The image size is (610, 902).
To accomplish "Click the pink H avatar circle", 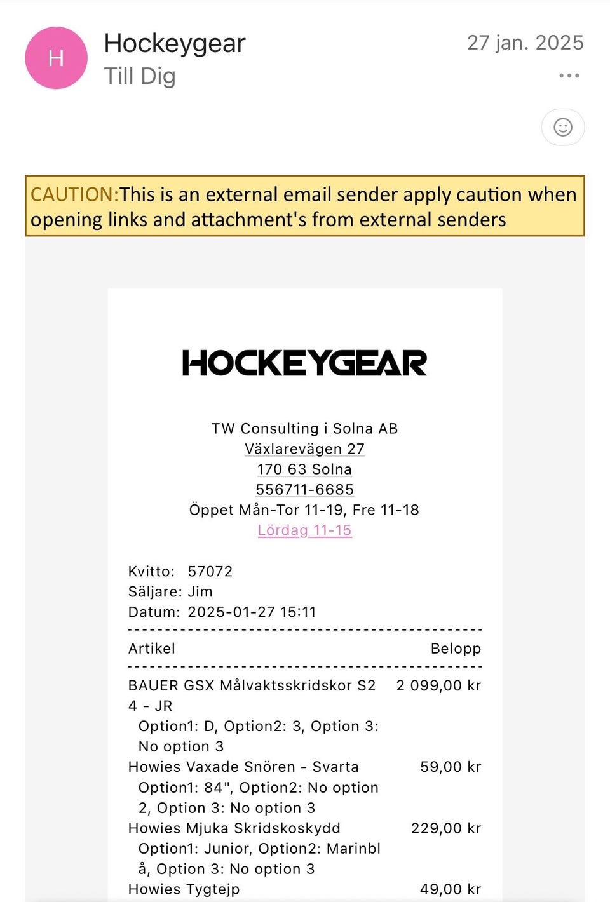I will [x=56, y=58].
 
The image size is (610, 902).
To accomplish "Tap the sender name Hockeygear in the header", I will [x=174, y=43].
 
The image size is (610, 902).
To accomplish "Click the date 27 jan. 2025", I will [x=525, y=43].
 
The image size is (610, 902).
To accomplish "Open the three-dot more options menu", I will [x=569, y=76].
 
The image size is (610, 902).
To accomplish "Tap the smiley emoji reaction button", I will [x=562, y=127].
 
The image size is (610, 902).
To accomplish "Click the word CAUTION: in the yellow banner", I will [x=74, y=194].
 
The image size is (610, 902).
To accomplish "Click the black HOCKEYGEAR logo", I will [x=304, y=363].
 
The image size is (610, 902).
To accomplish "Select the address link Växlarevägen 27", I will [x=304, y=449].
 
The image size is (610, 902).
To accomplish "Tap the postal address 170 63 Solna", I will [x=304, y=469].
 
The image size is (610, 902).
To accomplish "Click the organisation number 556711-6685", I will [x=304, y=490].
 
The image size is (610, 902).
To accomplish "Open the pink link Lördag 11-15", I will [x=304, y=530].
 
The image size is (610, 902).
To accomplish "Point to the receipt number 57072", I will [x=210, y=571].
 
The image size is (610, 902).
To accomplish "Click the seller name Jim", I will [x=200, y=591].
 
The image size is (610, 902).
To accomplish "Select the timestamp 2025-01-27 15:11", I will [x=252, y=612].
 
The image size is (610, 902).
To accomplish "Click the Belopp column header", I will [x=456, y=649].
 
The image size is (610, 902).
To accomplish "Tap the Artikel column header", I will [x=151, y=649].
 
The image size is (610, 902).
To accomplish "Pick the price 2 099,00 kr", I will [x=438, y=685].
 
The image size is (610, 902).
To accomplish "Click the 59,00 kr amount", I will [x=451, y=767].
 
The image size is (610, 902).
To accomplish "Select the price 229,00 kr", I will [x=446, y=828].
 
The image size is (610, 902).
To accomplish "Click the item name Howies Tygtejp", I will [x=184, y=889].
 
